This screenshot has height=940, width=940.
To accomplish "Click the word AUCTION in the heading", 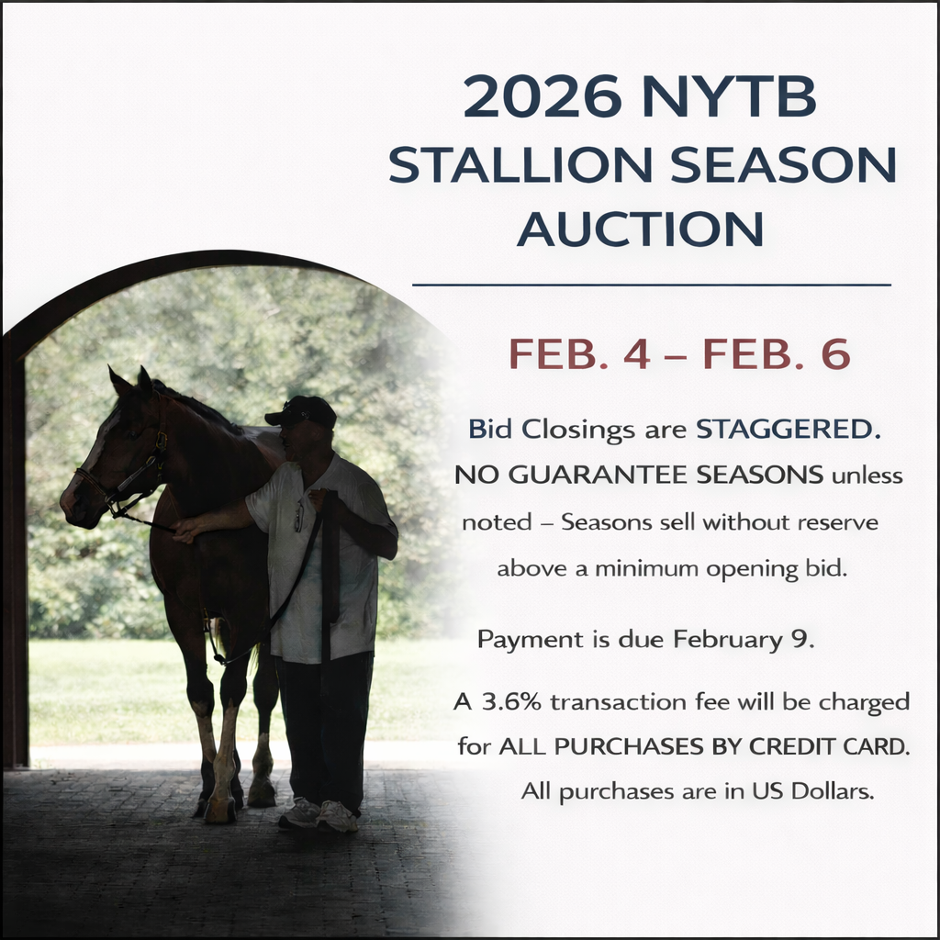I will point(640,229).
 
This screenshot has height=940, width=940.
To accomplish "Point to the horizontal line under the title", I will point(652,285).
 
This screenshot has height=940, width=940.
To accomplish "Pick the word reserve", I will point(837,522).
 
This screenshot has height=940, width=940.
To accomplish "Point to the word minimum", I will point(646,568).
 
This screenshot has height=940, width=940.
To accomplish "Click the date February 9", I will point(751,640).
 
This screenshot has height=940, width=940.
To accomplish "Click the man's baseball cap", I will point(303,410).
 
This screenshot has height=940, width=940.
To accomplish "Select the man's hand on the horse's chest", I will point(186,529).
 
